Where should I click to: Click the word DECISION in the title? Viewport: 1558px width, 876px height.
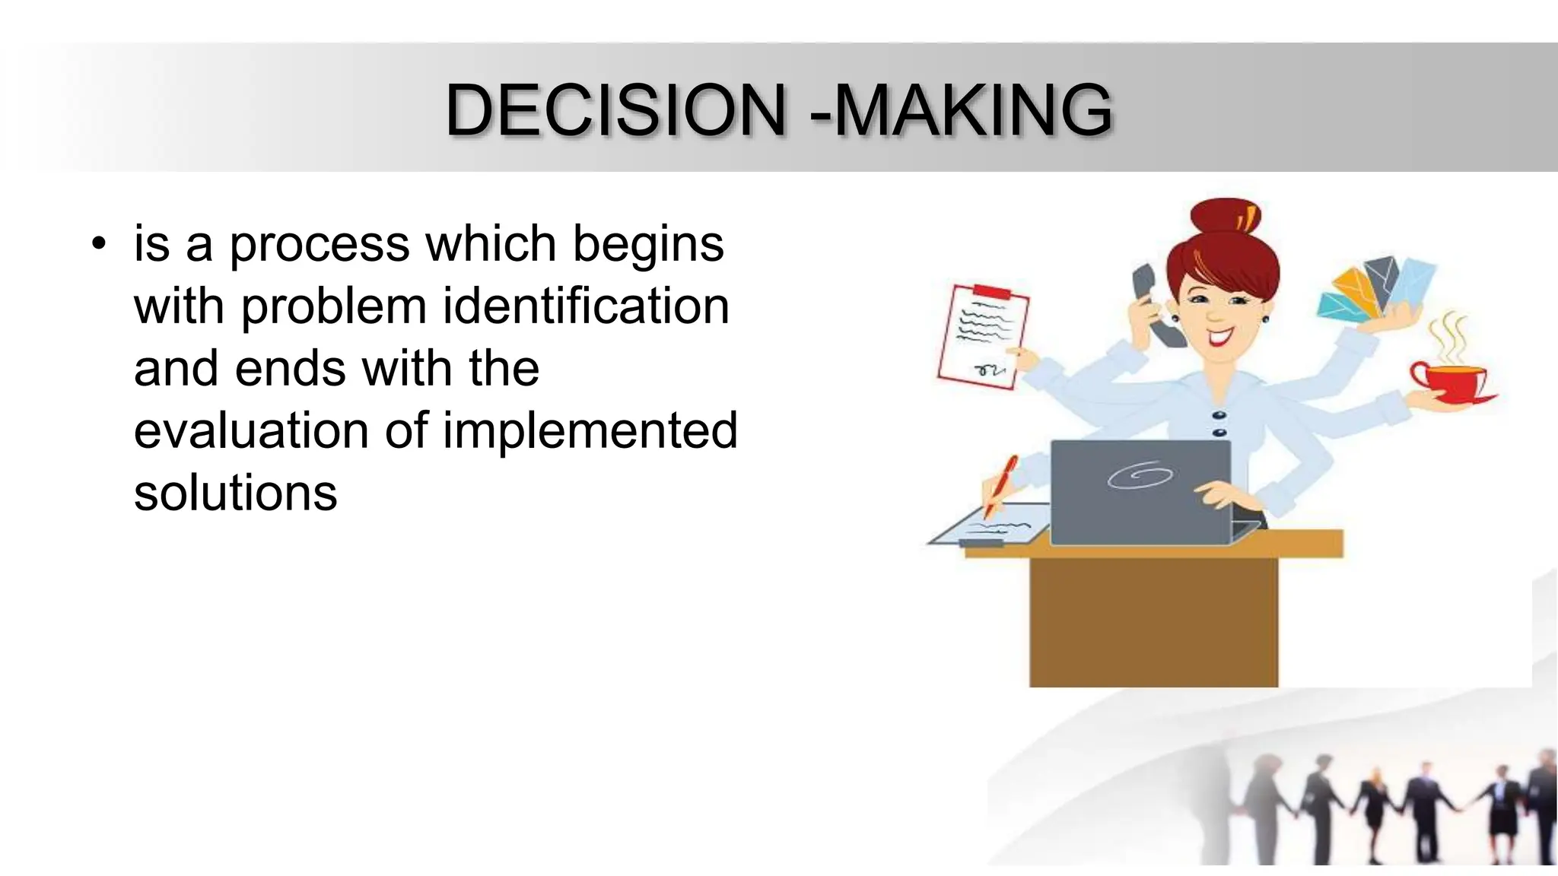coord(615,110)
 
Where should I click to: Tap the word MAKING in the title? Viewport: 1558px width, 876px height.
coord(974,110)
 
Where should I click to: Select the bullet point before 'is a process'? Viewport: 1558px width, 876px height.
coord(98,245)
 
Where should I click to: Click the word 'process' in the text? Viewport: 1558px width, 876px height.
coord(320,245)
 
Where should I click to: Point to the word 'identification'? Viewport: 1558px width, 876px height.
coord(586,306)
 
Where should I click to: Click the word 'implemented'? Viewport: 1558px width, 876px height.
coord(590,431)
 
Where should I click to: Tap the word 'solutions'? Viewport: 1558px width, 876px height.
coord(235,494)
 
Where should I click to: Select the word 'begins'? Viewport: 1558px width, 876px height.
coord(647,245)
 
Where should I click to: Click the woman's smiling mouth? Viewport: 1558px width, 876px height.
coord(1220,335)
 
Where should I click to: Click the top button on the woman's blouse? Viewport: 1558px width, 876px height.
coord(1219,415)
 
